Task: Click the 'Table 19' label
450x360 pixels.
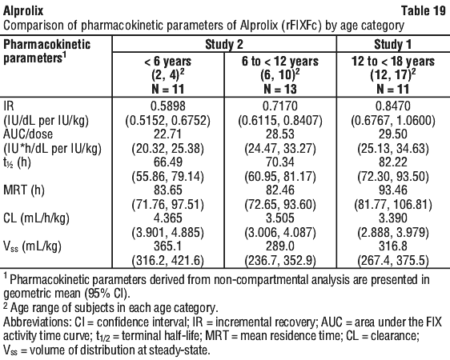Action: [424, 11]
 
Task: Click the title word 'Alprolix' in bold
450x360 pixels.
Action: [23, 11]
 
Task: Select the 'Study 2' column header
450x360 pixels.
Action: [224, 45]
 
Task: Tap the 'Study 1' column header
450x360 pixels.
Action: [392, 45]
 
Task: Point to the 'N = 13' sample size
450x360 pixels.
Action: [280, 89]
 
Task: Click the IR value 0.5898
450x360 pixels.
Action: [168, 106]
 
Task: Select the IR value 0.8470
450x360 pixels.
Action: [393, 106]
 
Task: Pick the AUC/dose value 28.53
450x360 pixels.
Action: [280, 134]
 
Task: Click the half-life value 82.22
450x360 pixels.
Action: [393, 162]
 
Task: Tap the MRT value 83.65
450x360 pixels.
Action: [168, 190]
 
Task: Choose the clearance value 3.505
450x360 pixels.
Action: [280, 218]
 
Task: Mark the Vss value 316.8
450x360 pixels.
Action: [393, 246]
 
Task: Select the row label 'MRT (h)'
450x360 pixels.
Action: [24, 190]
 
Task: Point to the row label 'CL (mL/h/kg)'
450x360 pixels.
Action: [37, 218]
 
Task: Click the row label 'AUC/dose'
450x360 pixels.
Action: [28, 134]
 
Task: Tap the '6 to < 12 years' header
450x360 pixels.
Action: [280, 62]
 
